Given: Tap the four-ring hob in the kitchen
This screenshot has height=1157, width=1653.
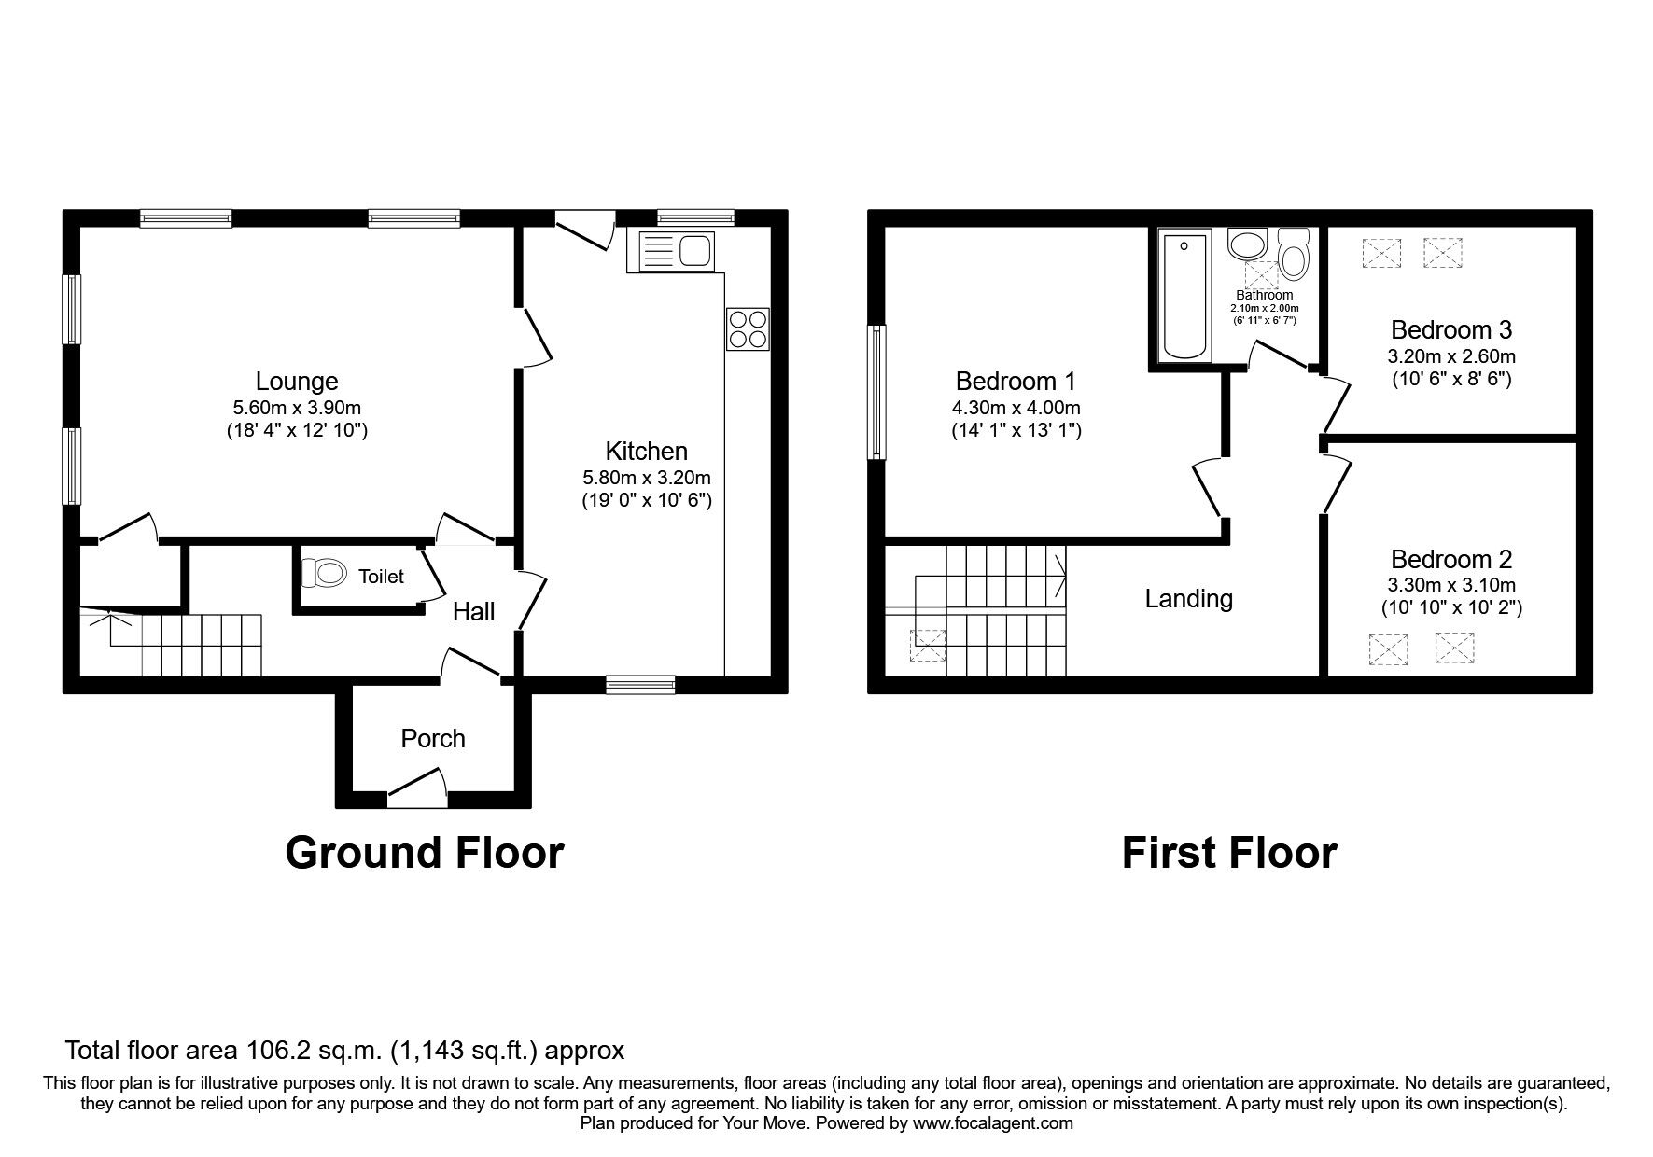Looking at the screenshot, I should click(748, 328).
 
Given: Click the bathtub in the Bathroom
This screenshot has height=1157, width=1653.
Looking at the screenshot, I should click(1184, 296).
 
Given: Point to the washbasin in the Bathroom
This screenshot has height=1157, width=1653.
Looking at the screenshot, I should click(1246, 245).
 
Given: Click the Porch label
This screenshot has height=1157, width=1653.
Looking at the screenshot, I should click(432, 739).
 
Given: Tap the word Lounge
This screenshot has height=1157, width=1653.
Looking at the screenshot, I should click(297, 382).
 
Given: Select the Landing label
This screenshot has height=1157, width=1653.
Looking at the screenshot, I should click(1188, 599).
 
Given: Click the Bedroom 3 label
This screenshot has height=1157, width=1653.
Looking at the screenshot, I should click(1450, 330).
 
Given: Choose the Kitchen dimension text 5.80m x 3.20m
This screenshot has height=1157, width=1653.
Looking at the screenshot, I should click(646, 478).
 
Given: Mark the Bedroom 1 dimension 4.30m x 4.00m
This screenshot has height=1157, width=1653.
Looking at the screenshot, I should click(1016, 408).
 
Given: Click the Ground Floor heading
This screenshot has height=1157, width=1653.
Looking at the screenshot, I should click(424, 853).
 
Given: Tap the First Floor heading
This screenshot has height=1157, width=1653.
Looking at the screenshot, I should click(1228, 853).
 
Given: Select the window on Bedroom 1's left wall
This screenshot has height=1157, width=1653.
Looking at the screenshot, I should click(876, 392).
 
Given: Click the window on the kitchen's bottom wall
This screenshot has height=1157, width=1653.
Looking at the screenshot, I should click(640, 685).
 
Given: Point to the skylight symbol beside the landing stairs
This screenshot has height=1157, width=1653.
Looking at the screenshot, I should click(928, 645).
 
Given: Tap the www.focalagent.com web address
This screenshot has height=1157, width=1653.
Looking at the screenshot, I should click(992, 1124).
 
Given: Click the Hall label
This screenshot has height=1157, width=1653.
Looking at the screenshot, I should click(473, 612).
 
